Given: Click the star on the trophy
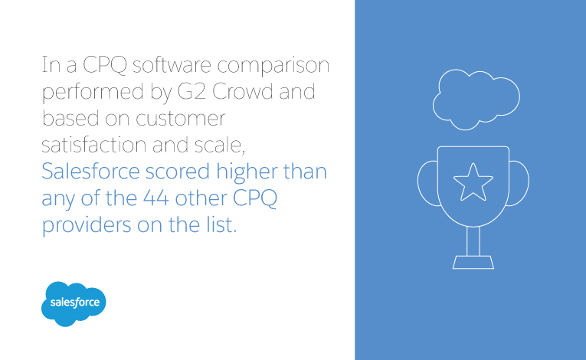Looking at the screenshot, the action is tap(473, 182).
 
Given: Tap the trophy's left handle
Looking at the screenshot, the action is tap(419, 183).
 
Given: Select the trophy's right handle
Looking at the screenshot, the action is tap(527, 183).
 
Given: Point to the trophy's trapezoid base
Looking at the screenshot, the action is tap(473, 262).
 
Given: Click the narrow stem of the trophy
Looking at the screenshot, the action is tap(473, 241).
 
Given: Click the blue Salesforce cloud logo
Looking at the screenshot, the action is tap(74, 303).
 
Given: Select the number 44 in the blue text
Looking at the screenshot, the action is tap(156, 198).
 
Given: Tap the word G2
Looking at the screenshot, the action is tap(192, 92).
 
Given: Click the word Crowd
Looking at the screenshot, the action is tap(243, 92).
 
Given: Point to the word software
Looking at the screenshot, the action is tap(172, 64).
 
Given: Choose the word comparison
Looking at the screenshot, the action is tap(273, 66).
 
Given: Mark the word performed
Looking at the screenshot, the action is tap(93, 93).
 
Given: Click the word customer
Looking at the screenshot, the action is tap(181, 119).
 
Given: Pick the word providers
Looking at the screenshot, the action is tap(87, 226).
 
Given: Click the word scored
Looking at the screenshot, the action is tap(178, 172).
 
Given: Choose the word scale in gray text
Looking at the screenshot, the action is tap(218, 145).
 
